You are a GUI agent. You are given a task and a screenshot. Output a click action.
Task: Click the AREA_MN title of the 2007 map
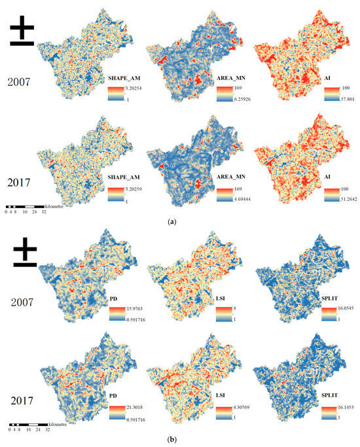232,77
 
